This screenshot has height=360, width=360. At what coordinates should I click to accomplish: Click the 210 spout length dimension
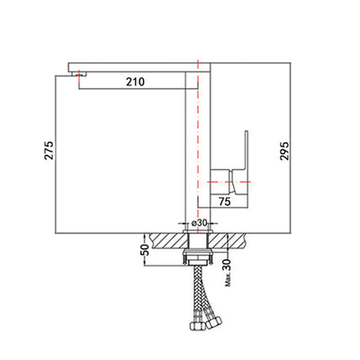[x=135, y=82]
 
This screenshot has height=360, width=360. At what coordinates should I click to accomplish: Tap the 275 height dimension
[x=49, y=150]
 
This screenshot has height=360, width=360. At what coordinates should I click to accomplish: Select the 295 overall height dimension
[x=284, y=151]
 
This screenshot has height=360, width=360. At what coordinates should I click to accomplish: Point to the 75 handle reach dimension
[x=225, y=202]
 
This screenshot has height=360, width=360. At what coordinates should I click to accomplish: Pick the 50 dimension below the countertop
[x=145, y=249]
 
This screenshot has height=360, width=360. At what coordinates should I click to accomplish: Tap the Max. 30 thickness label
[x=228, y=273]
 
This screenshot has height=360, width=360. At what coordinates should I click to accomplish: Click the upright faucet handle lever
[x=246, y=150]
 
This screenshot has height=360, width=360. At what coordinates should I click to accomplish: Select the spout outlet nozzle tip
[x=79, y=74]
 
